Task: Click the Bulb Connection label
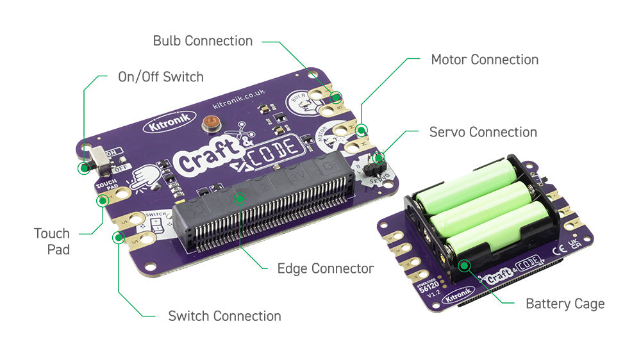(203, 41)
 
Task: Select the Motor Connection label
(485, 60)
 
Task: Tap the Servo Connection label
(483, 132)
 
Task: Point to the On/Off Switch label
(160, 77)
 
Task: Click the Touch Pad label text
(52, 241)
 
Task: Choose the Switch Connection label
(224, 316)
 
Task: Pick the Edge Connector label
(325, 268)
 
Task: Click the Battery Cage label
(565, 304)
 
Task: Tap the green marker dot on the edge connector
(239, 198)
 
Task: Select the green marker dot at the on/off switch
(83, 168)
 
